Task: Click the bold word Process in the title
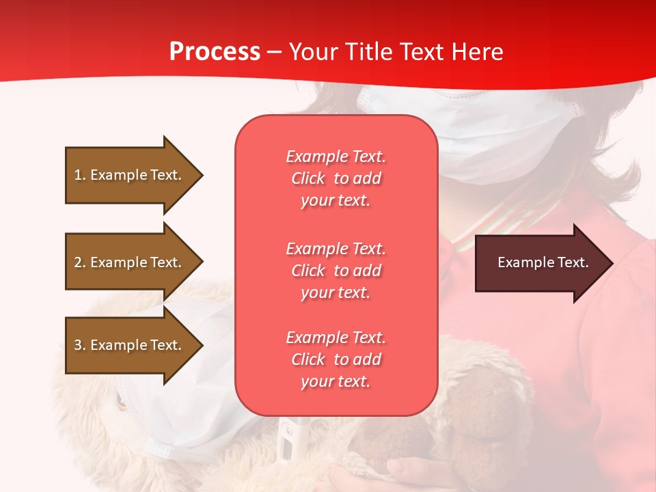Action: tap(215, 52)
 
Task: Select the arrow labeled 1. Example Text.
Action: tap(130, 175)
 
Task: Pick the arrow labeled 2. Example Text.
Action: tap(130, 262)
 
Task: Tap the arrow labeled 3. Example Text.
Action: tap(130, 345)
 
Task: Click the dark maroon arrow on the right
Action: tap(540, 263)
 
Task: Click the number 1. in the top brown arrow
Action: tap(80, 175)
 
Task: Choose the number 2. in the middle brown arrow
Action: tap(80, 262)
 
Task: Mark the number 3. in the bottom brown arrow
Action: tap(80, 345)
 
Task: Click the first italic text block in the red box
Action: tap(336, 178)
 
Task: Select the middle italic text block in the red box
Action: tap(336, 271)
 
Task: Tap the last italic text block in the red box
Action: tap(336, 359)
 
